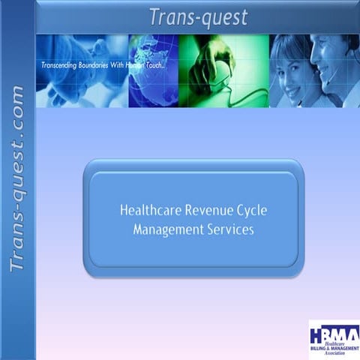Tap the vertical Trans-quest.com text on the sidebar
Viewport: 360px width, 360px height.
[17, 180]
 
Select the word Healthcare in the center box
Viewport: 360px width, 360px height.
[149, 210]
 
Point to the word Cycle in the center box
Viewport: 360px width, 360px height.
[250, 210]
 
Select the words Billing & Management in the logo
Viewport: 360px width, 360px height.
[334, 349]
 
